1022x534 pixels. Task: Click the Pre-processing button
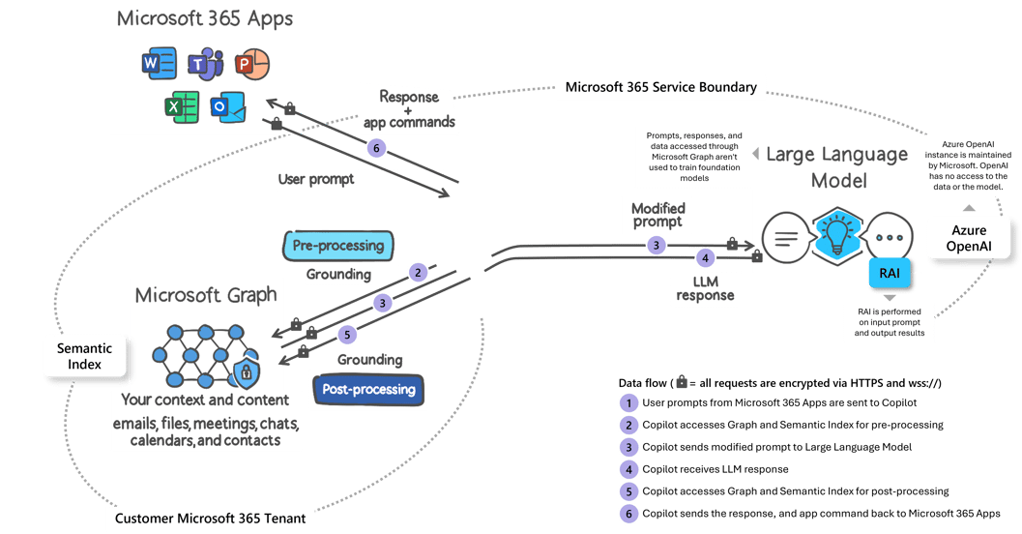[x=338, y=246]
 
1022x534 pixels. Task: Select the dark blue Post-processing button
[x=368, y=390]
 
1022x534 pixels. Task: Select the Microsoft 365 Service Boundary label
[x=660, y=87]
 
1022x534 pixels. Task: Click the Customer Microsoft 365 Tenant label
[x=210, y=519]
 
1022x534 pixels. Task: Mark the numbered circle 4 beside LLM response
[x=706, y=258]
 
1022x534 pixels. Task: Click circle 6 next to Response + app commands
[x=375, y=147]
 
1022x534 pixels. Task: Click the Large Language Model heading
[x=837, y=167]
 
